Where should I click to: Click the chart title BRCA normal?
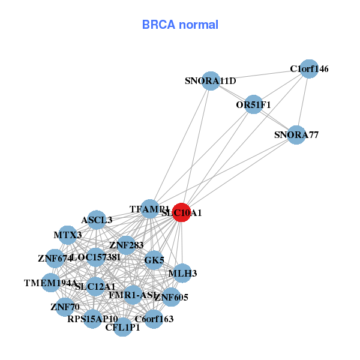[180, 25]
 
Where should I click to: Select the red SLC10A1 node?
[182, 212]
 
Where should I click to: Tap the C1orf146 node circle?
[308, 69]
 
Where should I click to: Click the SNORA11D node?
[210, 81]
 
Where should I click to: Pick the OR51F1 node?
[254, 104]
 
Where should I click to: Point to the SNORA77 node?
[296, 134]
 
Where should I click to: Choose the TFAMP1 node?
[149, 209]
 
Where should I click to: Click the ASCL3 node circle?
[97, 220]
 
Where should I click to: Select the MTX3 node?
[68, 235]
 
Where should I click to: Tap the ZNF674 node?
[55, 259]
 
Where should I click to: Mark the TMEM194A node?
[50, 283]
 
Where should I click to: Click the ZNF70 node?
[65, 307]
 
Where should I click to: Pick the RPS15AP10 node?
[92, 318]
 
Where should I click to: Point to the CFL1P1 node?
[122, 328]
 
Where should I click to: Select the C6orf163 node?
[154, 319]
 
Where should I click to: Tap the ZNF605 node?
[171, 297]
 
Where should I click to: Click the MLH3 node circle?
[182, 273]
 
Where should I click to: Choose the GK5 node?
[154, 260]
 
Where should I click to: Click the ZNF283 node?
[126, 245]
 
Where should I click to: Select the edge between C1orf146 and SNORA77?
[302, 102]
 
